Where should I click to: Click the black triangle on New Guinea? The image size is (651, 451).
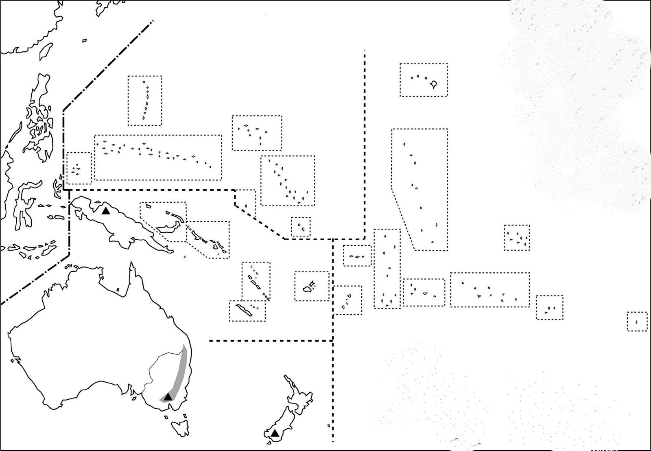(x=106, y=210)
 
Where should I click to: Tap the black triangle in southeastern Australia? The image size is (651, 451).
(x=168, y=396)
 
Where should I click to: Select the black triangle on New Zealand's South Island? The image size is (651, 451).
(x=275, y=433)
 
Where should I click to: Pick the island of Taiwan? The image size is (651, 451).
(x=46, y=50)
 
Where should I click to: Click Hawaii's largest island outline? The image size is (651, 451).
(x=434, y=84)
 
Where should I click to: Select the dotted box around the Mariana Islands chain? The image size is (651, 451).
(x=145, y=101)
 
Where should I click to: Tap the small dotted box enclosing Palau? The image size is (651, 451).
(x=79, y=168)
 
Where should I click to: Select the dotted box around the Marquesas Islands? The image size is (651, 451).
(x=517, y=237)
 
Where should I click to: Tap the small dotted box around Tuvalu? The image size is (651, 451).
(x=301, y=227)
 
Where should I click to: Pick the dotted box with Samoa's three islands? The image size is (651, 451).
(x=357, y=256)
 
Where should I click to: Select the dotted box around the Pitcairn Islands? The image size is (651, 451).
(x=549, y=308)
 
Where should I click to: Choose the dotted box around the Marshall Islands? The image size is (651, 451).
(x=287, y=180)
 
